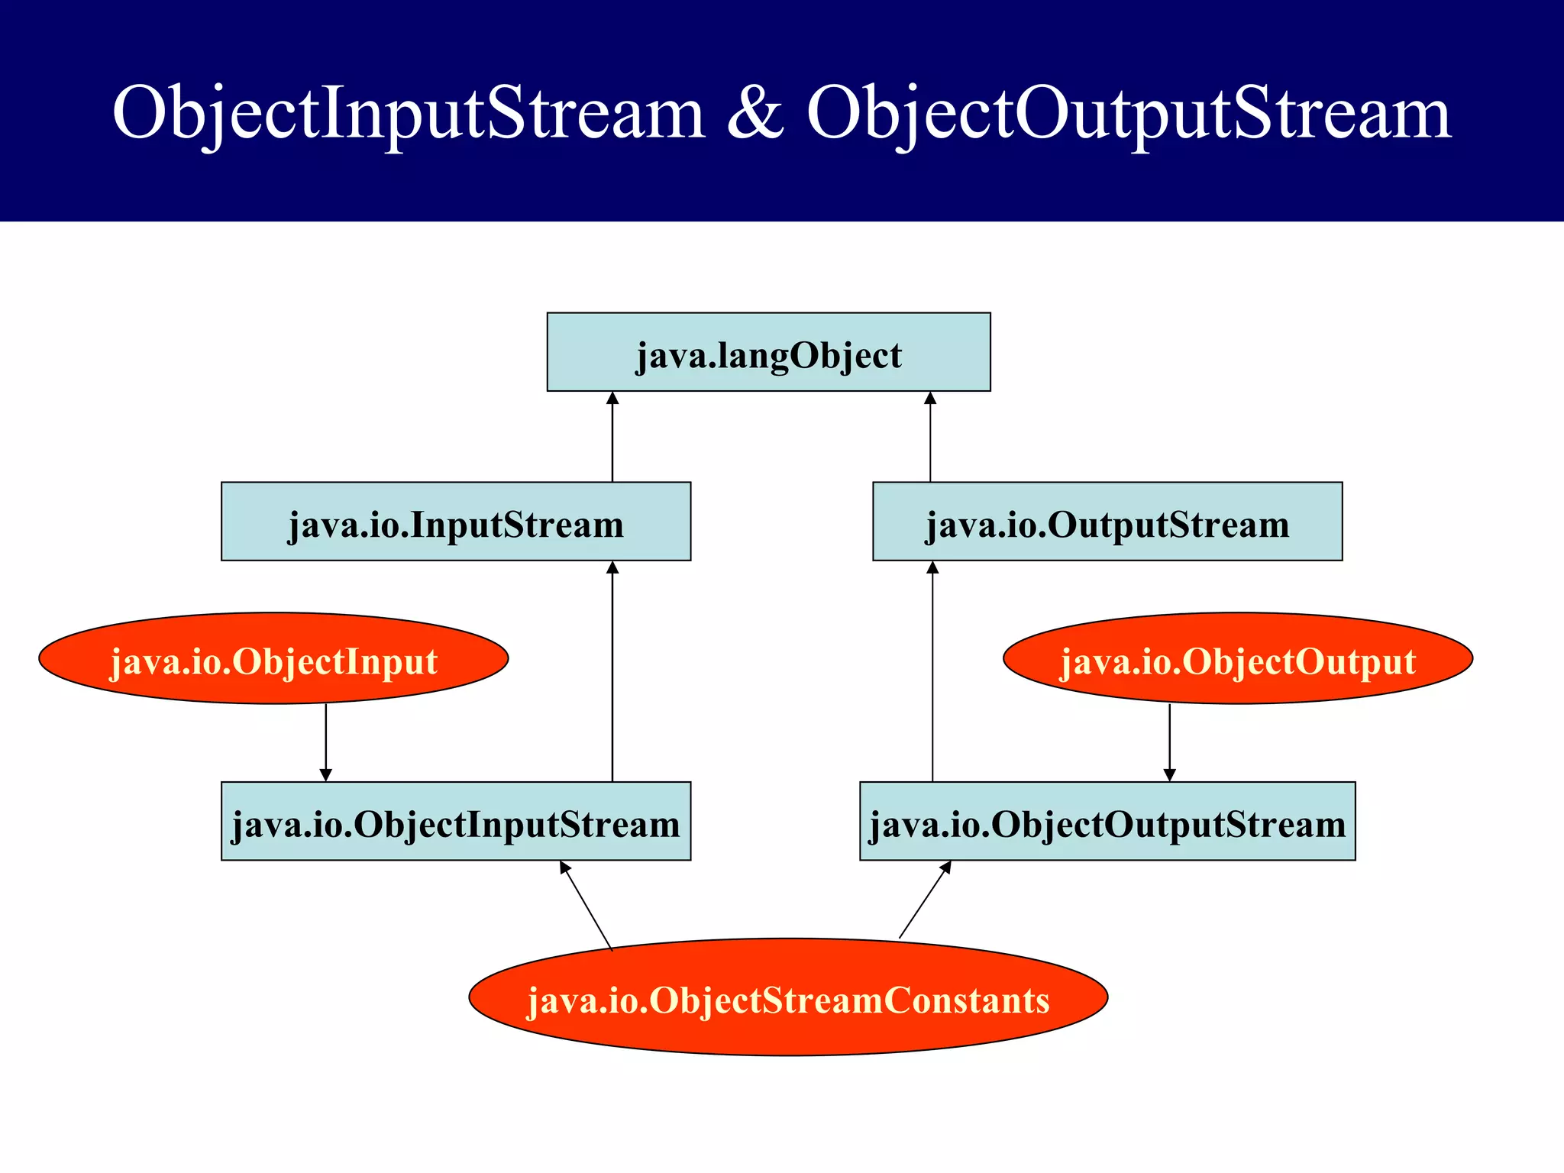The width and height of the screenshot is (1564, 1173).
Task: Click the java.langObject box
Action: click(x=768, y=352)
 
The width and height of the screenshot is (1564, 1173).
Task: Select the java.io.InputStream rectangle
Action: click(x=456, y=522)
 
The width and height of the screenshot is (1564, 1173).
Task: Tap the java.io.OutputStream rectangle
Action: click(x=1107, y=522)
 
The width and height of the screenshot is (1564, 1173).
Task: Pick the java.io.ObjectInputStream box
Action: click(x=456, y=821)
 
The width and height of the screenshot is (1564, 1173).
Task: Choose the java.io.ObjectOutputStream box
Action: click(x=1107, y=821)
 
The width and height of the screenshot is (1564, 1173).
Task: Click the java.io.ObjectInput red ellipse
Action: click(x=273, y=658)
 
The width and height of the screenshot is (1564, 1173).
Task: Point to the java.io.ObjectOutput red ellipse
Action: click(x=1237, y=658)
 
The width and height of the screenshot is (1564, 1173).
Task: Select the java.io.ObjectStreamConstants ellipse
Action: click(x=788, y=997)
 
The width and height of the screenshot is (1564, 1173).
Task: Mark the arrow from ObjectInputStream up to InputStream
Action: click(x=612, y=672)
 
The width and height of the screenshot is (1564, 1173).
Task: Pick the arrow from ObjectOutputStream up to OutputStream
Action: click(x=932, y=672)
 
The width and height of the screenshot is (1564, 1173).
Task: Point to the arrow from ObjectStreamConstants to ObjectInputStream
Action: click(x=586, y=906)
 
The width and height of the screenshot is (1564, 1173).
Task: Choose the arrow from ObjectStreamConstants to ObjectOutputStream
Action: click(x=925, y=900)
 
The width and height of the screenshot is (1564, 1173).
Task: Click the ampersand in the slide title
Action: click(x=755, y=113)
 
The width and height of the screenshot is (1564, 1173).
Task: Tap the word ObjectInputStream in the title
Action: click(x=408, y=113)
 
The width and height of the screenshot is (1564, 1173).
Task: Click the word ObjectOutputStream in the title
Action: click(x=1129, y=113)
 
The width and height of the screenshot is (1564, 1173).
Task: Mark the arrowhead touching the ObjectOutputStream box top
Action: click(x=1169, y=775)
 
